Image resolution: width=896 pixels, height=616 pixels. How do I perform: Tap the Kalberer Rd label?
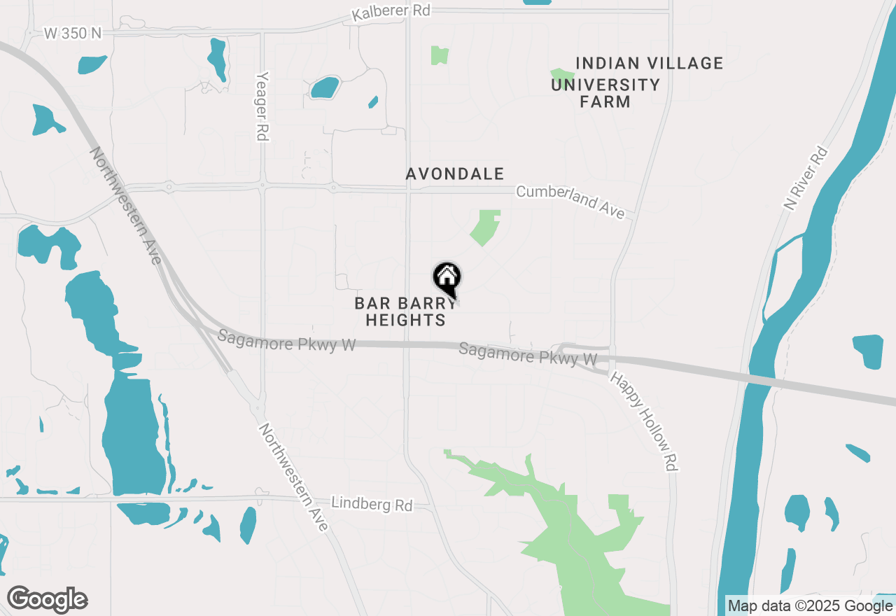click(x=391, y=12)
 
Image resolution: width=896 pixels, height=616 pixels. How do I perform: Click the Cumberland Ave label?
click(x=570, y=201)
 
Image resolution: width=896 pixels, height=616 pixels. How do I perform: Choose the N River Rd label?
click(x=806, y=178)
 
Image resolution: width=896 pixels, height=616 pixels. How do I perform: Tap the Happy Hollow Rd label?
click(x=647, y=420)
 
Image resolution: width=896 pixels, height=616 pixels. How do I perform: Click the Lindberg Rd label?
click(x=372, y=504)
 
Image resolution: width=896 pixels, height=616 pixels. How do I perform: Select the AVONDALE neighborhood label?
click(x=455, y=174)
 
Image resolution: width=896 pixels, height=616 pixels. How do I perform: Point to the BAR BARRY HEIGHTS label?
click(x=400, y=311)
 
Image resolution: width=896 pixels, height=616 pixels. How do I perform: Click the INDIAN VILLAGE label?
click(x=649, y=64)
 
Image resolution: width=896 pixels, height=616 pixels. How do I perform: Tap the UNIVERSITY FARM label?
click(x=605, y=93)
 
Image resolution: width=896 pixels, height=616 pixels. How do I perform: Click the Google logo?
click(x=47, y=600)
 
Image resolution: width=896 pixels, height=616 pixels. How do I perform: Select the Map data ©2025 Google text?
click(x=810, y=606)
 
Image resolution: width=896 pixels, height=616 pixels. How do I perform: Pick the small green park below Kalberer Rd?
click(x=440, y=55)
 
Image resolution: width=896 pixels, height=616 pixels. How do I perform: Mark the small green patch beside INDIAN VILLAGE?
click(x=559, y=73)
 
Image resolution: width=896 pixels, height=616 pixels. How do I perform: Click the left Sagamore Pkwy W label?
click(x=286, y=341)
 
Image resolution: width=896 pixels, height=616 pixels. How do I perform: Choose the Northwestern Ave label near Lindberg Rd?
click(x=293, y=477)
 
